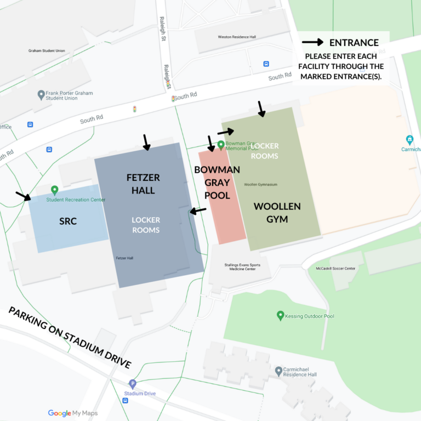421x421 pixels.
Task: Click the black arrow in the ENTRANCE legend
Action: click(312, 42)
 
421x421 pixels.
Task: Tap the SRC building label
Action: click(68, 221)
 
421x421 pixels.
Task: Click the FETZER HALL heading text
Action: click(144, 184)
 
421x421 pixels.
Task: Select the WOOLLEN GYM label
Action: click(277, 213)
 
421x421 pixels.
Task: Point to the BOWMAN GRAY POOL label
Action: click(217, 182)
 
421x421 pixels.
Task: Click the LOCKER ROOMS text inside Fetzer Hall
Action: click(146, 225)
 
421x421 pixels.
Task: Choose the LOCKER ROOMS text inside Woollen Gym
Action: click(265, 151)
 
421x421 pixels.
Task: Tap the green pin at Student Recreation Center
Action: click(54, 190)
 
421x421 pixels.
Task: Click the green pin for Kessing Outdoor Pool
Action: click(281, 315)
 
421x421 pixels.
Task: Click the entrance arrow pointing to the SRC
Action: click(23, 196)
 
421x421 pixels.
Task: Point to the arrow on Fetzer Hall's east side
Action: click(198, 210)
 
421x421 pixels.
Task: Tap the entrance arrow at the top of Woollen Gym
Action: click(261, 109)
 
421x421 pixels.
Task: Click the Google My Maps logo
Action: click(72, 413)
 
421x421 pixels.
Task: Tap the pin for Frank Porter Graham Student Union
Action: click(41, 95)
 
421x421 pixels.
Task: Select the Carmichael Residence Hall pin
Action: click(278, 371)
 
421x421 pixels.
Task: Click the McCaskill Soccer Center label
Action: click(335, 269)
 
